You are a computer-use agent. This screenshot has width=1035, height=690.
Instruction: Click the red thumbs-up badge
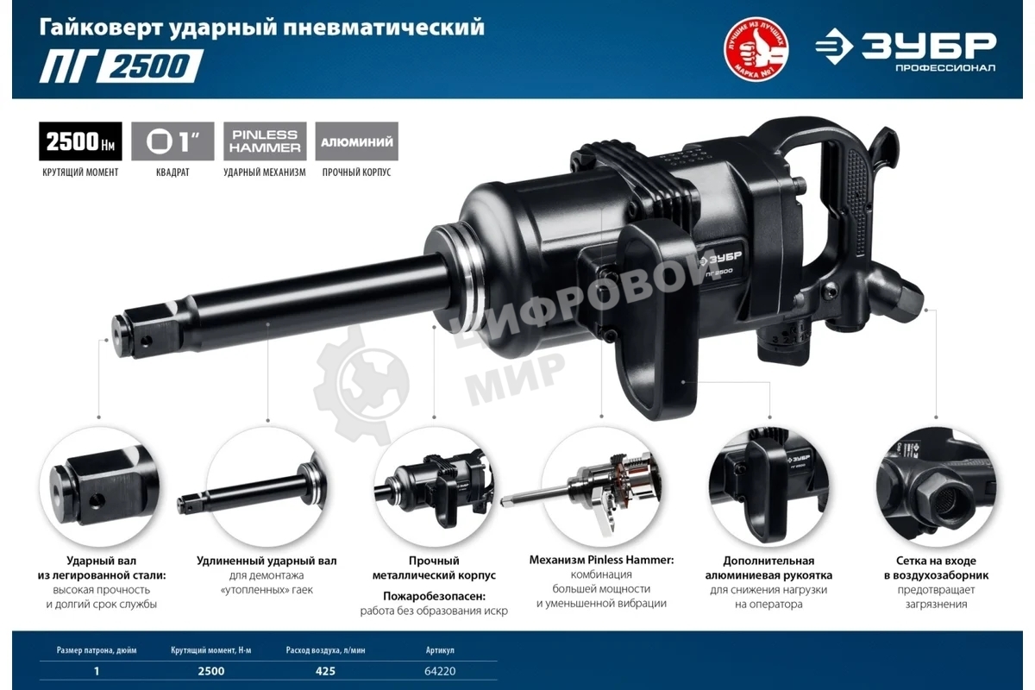(x=756, y=53)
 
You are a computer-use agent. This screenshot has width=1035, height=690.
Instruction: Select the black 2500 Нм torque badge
(x=80, y=141)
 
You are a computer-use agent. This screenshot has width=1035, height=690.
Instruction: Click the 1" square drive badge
(x=172, y=141)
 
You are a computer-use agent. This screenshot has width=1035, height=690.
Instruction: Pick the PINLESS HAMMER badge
(x=265, y=141)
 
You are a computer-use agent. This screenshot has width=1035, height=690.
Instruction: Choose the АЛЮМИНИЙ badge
(x=357, y=141)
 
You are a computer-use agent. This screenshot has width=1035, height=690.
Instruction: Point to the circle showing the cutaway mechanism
(x=597, y=486)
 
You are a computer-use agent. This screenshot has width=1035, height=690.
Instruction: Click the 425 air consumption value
(x=325, y=670)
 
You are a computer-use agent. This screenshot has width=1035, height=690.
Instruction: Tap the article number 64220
(x=440, y=670)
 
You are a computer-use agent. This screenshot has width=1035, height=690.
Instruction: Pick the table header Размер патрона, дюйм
(x=97, y=649)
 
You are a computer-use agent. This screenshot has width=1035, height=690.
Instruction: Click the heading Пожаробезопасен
(x=434, y=595)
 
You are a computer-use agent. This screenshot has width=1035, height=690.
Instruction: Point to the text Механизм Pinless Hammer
(x=601, y=560)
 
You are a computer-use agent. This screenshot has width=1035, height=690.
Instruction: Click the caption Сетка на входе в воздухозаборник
(x=936, y=568)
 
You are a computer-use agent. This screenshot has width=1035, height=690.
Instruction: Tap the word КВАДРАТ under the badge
(x=172, y=172)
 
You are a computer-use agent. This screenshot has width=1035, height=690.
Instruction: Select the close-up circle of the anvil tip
(x=97, y=486)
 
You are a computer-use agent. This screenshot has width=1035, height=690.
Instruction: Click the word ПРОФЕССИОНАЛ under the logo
(x=944, y=68)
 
